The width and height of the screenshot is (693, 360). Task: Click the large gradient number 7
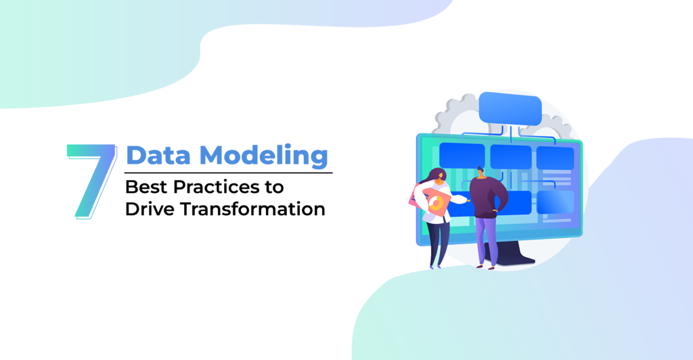[93, 181]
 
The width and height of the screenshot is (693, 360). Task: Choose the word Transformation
[253, 209]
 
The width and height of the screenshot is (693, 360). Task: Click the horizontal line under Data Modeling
[229, 173]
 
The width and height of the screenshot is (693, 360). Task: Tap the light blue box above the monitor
[510, 109]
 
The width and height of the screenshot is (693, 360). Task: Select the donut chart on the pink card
[437, 203]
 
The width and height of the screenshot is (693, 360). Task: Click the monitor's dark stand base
[513, 258]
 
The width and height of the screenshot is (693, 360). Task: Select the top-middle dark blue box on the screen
[511, 157]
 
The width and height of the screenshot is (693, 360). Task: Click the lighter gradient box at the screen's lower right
[556, 202]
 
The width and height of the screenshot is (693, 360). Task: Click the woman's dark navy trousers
[439, 244]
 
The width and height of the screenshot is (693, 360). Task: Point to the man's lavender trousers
[487, 241]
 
